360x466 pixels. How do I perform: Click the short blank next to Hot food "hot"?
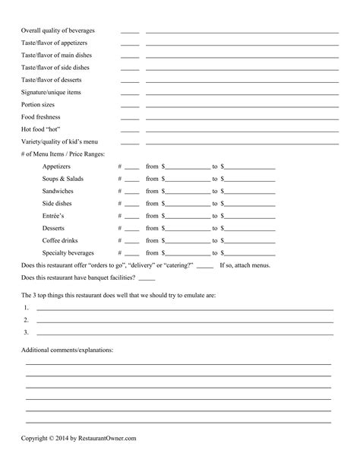pos(130,131)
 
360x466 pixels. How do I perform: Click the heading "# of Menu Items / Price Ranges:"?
pos(63,154)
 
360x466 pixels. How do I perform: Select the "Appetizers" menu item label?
pos(57,166)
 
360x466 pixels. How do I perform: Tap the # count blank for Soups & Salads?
pos(132,179)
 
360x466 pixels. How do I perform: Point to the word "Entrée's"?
pos(55,216)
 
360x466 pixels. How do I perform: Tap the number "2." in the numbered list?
pos(26,320)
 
